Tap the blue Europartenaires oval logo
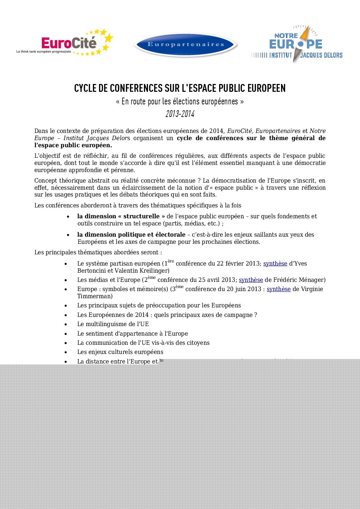pyautogui.click(x=185, y=45)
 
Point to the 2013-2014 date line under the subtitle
pyautogui.click(x=180, y=114)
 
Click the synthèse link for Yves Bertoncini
pyautogui.click(x=275, y=264)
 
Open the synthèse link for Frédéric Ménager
pyautogui.click(x=251, y=280)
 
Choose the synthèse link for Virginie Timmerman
pyautogui.click(x=278, y=289)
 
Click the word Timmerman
pyautogui.click(x=95, y=296)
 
